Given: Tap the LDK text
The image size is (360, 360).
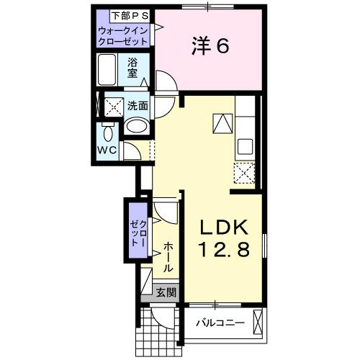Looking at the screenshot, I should click(x=223, y=228).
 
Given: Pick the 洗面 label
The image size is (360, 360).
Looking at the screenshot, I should click(x=138, y=105).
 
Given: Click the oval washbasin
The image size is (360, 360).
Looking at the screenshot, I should click(x=137, y=127).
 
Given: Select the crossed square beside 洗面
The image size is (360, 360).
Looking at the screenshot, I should click(x=113, y=107).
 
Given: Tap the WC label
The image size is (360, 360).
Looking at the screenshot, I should click(x=107, y=150).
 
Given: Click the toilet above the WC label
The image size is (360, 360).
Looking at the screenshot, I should click(x=108, y=133).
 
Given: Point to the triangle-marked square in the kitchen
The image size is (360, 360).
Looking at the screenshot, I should click(x=222, y=122).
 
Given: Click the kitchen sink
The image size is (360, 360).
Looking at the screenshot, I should click(x=244, y=144).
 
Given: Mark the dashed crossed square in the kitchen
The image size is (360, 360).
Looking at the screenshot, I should click(x=245, y=173).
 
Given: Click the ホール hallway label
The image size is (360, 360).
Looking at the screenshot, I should click(x=168, y=256).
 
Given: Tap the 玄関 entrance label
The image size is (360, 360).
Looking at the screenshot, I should click(x=167, y=293).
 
